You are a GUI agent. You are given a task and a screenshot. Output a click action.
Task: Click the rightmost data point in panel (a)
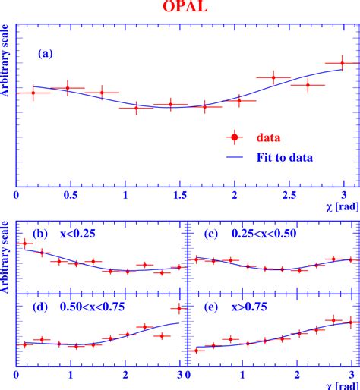tap(343, 63)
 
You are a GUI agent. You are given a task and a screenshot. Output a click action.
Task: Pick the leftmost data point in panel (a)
tap(33, 93)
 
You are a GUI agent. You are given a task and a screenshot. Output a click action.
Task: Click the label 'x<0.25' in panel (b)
tap(78, 234)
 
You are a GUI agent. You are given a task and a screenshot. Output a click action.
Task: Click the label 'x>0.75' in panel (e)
tap(251, 307)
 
